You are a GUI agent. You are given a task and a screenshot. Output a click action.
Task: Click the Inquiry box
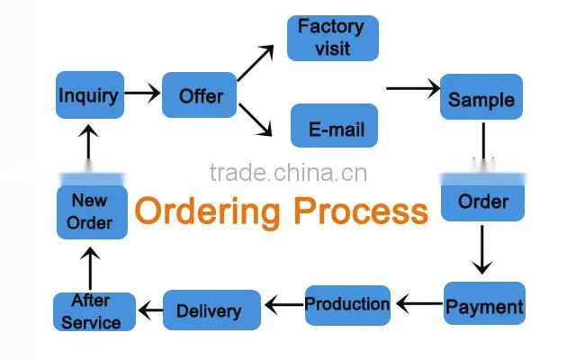coord(90,94)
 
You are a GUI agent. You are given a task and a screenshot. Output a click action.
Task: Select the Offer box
coord(199,94)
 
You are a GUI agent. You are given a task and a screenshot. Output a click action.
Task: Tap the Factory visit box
coord(333,38)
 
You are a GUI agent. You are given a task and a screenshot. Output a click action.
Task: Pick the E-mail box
coord(334,126)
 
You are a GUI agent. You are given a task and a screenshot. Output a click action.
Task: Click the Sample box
coord(481,96)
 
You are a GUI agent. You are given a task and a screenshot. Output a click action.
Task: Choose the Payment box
coord(484,303)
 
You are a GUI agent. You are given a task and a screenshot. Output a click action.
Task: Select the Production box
coord(347,305)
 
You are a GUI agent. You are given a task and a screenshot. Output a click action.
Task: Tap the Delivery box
coord(211,310)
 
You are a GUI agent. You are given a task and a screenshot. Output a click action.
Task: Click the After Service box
coord(94,311)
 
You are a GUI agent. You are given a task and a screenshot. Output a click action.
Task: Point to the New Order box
coord(92,212)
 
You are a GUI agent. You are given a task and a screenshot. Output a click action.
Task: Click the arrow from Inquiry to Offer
coord(142,93)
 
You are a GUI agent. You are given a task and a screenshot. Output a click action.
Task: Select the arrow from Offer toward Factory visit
coord(256,63)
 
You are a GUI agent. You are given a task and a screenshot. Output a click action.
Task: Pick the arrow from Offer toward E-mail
coord(256,120)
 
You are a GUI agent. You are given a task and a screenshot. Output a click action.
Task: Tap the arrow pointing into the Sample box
coord(413,88)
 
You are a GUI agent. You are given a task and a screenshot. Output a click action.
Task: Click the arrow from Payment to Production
coord(419,304)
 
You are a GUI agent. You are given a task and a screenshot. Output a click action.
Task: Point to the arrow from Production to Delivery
coord(284,305)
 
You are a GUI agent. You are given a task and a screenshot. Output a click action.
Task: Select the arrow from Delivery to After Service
coord(150,310)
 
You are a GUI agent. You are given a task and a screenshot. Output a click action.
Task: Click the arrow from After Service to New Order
coord(90,268)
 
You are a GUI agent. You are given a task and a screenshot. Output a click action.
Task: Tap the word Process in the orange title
coord(361,211)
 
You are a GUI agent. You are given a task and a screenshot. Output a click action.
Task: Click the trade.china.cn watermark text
coord(288,173)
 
